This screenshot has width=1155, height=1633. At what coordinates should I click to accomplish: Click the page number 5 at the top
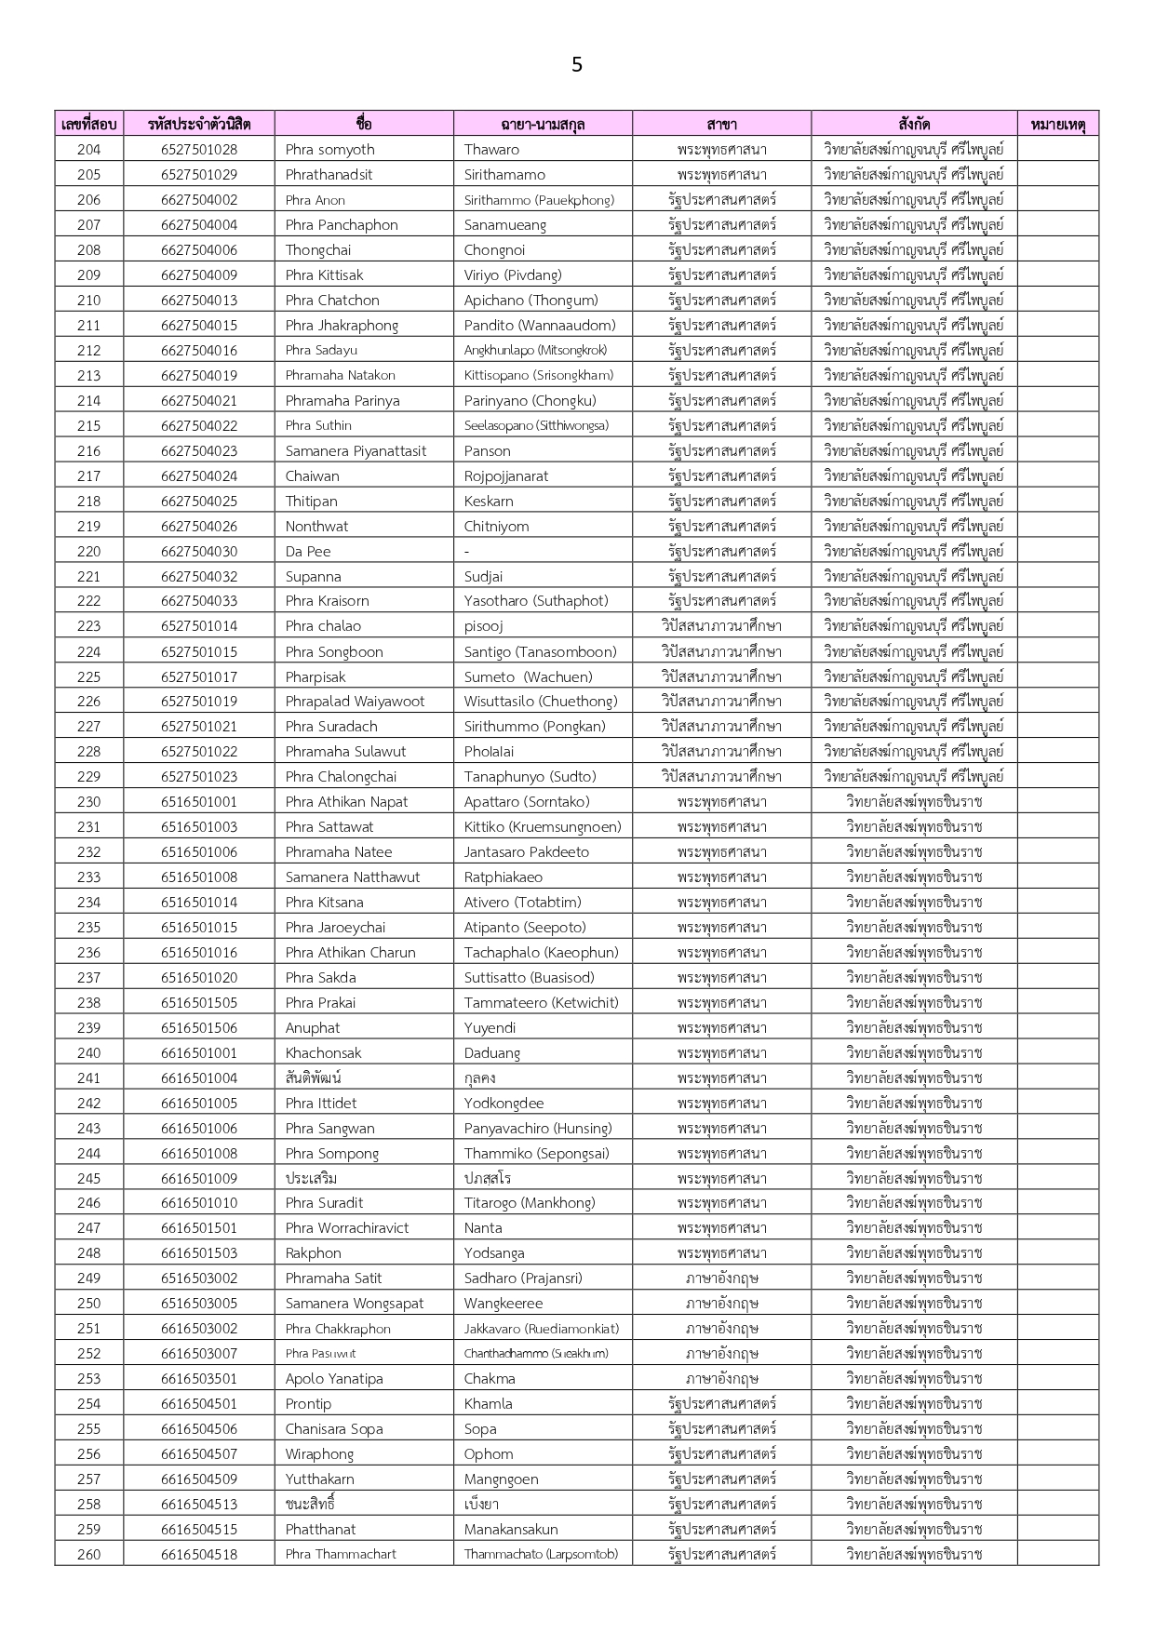tap(577, 64)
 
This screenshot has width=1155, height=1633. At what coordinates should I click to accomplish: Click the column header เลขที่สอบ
tap(88, 124)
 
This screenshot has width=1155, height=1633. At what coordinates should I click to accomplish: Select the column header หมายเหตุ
tap(1057, 124)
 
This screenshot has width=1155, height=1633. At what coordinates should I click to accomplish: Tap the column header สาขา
tap(721, 124)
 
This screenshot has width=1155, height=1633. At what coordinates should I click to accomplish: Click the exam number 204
tap(88, 149)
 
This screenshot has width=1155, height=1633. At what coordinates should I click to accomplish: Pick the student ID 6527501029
tap(198, 174)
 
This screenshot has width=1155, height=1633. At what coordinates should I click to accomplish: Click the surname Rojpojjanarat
tap(506, 475)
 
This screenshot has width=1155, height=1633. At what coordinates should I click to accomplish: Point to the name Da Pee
tap(308, 551)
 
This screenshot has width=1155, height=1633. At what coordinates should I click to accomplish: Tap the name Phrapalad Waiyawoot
tap(355, 702)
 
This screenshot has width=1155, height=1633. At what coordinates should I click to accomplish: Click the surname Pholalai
tap(489, 752)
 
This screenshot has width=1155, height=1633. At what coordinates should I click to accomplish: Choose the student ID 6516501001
tap(198, 801)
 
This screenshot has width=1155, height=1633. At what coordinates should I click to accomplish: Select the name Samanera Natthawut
tap(352, 877)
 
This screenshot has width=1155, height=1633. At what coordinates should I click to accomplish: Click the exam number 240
tap(88, 1052)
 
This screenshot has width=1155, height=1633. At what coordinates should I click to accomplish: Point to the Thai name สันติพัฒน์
tap(314, 1078)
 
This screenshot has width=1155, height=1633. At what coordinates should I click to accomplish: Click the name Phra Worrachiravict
tap(347, 1227)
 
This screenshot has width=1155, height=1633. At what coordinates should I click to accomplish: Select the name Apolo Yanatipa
tap(334, 1378)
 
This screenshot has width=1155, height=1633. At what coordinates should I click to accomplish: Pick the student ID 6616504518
tap(198, 1554)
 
